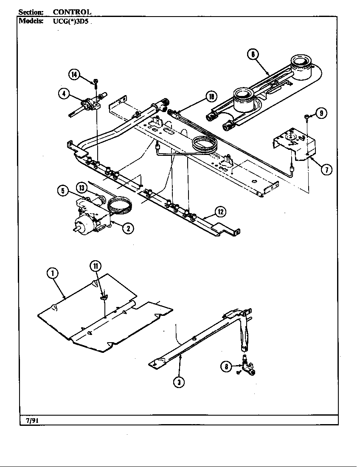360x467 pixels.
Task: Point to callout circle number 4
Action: [64, 94]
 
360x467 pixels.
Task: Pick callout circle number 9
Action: [322, 113]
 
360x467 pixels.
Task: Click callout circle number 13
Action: [82, 187]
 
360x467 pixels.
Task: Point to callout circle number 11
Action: [96, 266]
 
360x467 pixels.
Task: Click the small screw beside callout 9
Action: [306, 116]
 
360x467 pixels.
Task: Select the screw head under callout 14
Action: [96, 81]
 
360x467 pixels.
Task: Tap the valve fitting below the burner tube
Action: [246, 366]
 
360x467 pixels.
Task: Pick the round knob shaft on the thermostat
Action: [78, 230]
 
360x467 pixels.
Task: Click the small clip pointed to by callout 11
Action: [102, 298]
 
